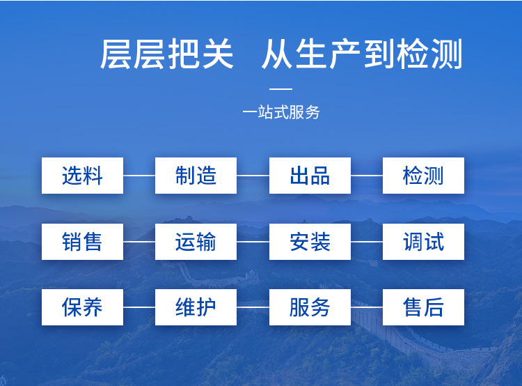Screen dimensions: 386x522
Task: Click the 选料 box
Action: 82,176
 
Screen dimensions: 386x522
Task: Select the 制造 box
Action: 196,176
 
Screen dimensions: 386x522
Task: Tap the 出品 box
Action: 310,176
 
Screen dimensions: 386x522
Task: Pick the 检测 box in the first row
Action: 423,176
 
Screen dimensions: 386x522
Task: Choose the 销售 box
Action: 82,242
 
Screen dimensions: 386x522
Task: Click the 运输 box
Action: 196,242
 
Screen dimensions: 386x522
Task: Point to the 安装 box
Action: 310,242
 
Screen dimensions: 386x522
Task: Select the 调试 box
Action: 423,242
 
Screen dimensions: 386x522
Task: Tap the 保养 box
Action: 82,307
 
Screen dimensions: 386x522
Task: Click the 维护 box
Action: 196,307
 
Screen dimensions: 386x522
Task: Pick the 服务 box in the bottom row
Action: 310,307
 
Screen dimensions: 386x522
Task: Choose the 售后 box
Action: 423,307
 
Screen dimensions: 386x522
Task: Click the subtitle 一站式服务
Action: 280,112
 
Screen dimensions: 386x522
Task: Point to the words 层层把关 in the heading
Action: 167,55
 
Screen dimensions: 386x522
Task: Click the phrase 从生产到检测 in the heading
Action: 362,55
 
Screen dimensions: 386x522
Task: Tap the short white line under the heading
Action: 280,89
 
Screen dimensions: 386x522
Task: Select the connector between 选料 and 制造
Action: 139,176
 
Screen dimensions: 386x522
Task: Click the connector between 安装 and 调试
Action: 367,242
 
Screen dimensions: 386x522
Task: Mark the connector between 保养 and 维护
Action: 139,307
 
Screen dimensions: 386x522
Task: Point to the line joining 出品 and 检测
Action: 367,176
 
